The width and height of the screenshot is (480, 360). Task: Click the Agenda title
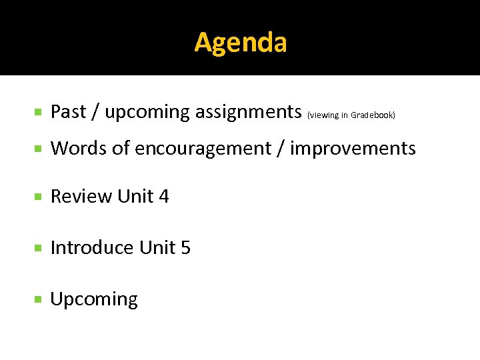pos(241,43)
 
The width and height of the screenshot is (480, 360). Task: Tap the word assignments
pos(249,112)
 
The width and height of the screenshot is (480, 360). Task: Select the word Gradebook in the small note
pos(373,115)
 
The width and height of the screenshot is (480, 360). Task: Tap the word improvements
pos(353,148)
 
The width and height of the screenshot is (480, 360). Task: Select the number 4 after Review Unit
pos(164,197)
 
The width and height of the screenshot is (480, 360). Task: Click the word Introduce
pos(92,247)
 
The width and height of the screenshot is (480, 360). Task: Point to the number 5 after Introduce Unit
pos(185,247)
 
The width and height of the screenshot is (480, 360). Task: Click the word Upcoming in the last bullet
pos(94,299)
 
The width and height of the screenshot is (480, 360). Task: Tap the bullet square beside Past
pos(39,112)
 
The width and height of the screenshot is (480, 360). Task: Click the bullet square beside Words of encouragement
pos(39,148)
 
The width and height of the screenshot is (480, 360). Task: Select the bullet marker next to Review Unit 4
pos(39,197)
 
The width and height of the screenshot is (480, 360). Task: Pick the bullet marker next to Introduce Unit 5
pos(39,248)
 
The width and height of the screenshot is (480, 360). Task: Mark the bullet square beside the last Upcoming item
pos(39,299)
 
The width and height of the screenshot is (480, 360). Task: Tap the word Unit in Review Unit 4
pos(135,197)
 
